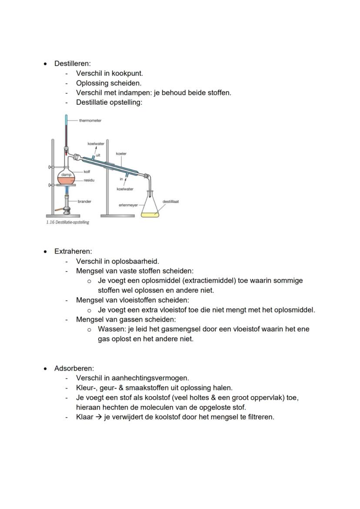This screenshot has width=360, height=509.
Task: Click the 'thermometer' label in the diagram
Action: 90,120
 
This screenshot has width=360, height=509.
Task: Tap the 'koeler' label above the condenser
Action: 121,154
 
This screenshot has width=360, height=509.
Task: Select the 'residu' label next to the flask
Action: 89,180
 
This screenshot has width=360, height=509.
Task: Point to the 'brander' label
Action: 84,202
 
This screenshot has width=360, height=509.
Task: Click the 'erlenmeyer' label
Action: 128,205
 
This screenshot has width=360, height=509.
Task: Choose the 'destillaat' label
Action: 170,201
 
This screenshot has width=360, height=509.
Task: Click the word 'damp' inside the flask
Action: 66,174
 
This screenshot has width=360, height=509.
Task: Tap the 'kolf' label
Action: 87,172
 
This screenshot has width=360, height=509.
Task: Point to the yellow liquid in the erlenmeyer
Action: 150,214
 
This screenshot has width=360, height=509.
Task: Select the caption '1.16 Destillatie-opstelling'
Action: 67,223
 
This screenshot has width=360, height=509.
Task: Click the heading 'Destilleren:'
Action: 72,63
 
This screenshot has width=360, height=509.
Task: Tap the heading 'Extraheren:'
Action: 73,251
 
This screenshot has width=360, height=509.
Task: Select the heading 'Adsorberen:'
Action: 74,369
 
